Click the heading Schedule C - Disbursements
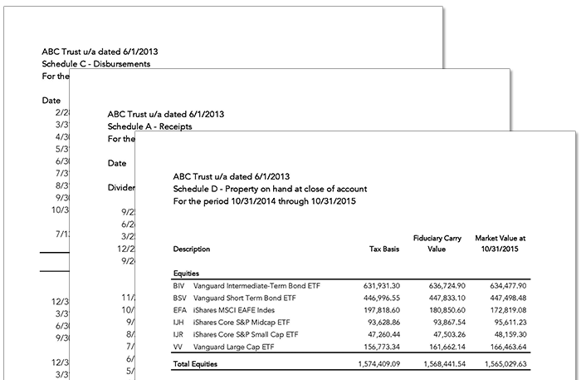tap(96, 63)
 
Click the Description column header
tap(192, 249)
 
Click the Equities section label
tap(187, 273)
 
